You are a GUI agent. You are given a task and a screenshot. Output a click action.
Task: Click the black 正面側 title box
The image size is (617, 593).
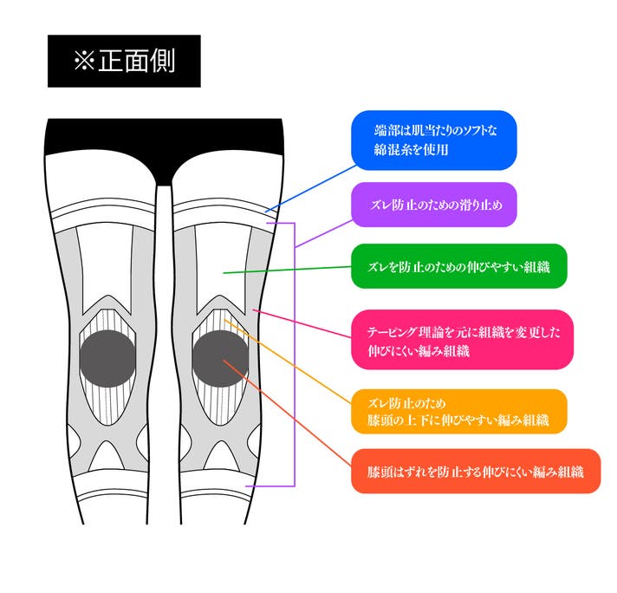(124, 61)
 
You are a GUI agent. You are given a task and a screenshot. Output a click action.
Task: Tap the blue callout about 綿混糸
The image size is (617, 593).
(433, 140)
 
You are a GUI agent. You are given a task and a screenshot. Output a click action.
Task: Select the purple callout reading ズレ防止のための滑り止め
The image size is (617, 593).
(433, 205)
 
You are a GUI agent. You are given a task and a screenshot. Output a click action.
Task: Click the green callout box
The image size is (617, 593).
(458, 266)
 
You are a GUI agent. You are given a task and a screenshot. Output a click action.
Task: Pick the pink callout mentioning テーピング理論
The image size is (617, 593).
(462, 340)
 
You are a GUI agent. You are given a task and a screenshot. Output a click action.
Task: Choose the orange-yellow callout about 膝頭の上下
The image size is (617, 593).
(458, 412)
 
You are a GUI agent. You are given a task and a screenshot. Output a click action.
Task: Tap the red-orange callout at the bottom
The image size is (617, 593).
(476, 471)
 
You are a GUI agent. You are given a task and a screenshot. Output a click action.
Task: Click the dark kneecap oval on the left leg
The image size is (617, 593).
(107, 358)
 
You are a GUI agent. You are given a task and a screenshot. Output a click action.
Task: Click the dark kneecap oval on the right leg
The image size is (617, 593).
(220, 358)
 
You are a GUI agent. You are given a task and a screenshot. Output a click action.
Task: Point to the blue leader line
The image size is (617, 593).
(311, 189)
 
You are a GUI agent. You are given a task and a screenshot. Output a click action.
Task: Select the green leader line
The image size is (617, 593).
(287, 270)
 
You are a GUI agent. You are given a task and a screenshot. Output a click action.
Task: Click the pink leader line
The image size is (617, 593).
(302, 323)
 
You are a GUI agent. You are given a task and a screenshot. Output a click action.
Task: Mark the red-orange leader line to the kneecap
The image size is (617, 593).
(287, 413)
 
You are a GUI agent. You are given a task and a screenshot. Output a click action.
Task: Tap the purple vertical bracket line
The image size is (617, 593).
(295, 355)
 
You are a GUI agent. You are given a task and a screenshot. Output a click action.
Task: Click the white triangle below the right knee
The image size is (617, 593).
(221, 457)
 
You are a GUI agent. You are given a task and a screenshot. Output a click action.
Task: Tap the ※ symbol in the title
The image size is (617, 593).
(84, 62)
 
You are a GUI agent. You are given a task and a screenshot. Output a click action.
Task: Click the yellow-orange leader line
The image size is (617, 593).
(288, 362)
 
